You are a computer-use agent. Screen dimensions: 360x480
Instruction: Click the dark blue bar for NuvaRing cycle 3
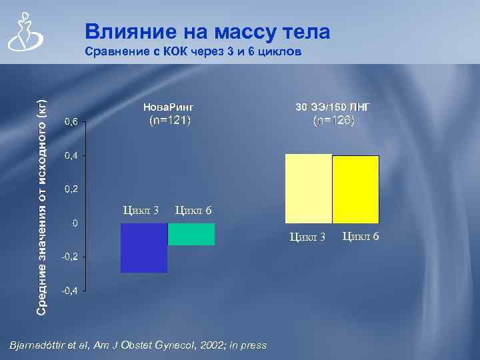[x=143, y=248]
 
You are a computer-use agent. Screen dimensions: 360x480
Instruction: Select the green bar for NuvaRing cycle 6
[x=191, y=234]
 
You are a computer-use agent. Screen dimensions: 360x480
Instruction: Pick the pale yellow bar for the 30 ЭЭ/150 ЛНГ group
[x=308, y=189]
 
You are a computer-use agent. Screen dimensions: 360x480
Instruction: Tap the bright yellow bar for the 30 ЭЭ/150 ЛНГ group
[x=355, y=189]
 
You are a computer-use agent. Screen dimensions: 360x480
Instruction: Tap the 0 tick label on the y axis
[x=75, y=223]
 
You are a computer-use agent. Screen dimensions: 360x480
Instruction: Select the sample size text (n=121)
[x=169, y=121]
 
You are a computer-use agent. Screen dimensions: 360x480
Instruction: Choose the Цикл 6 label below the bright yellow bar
[x=361, y=237]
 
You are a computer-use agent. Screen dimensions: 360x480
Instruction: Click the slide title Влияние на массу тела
[x=207, y=31]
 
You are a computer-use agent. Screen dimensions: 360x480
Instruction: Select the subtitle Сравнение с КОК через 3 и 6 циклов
[x=194, y=52]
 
